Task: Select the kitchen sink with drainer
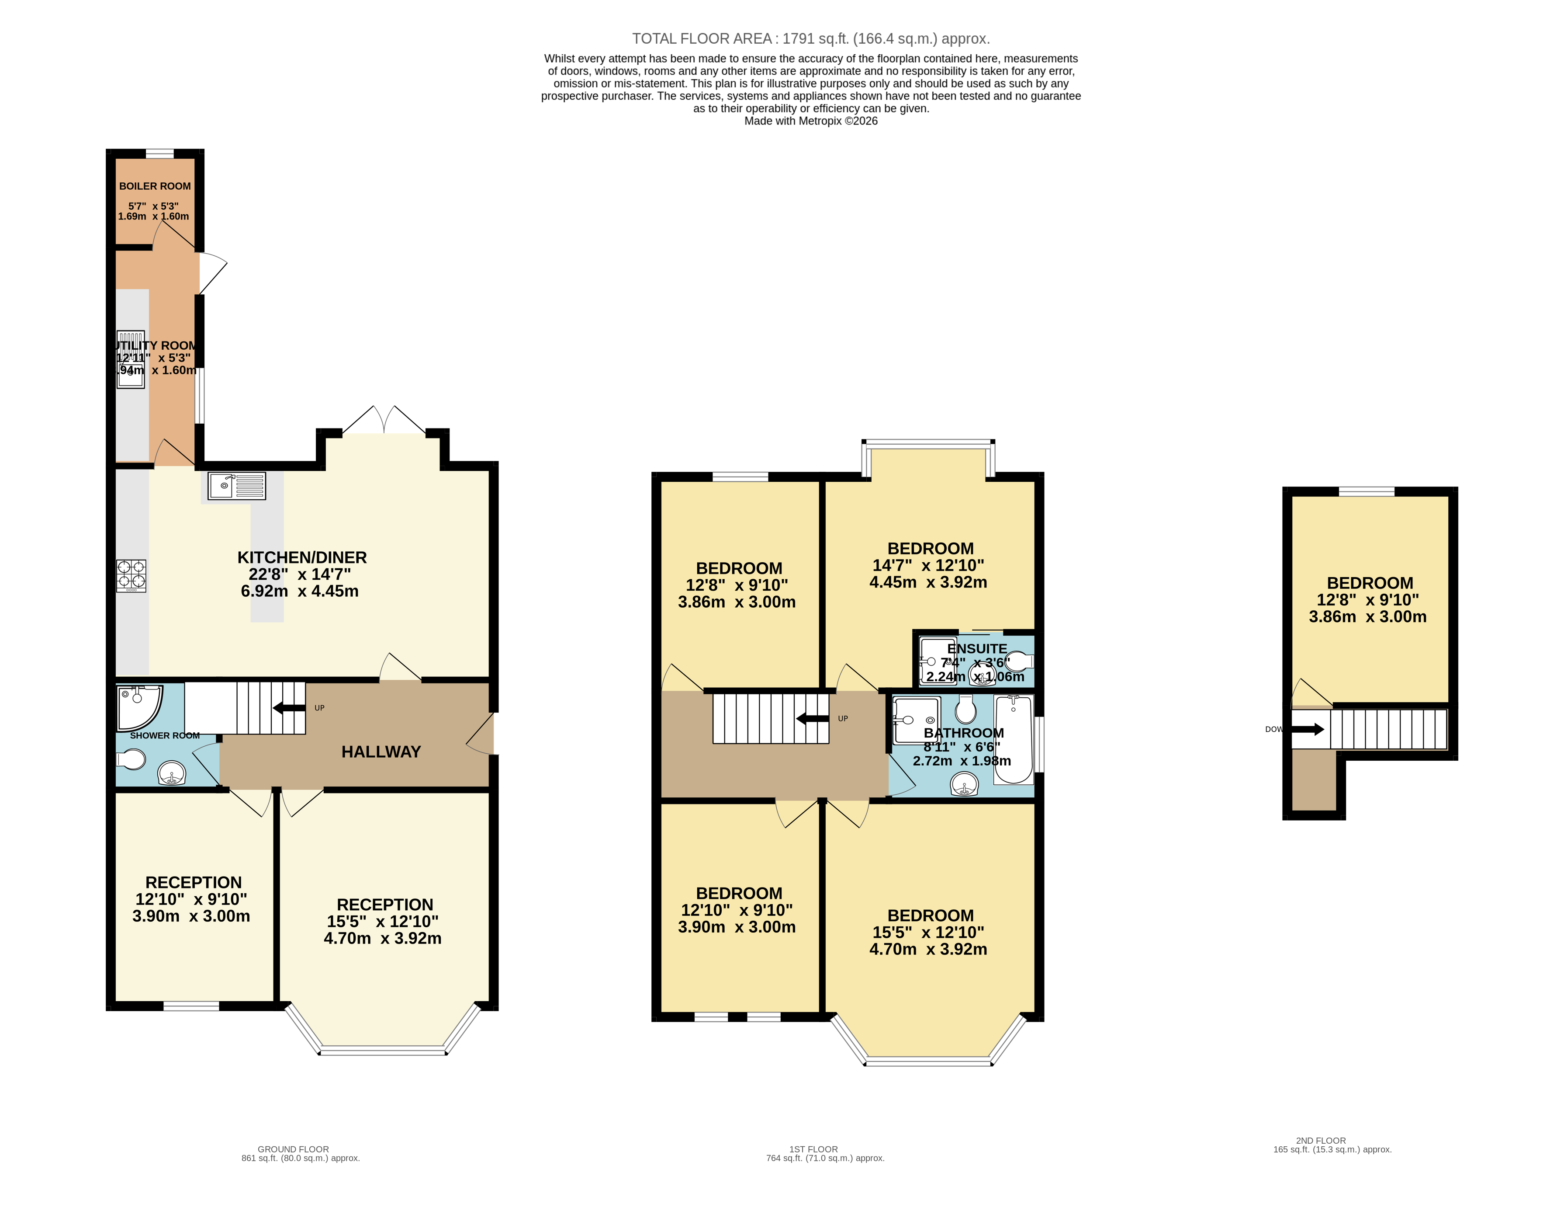click(x=236, y=486)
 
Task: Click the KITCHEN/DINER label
click(x=302, y=557)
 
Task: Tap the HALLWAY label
click(x=381, y=752)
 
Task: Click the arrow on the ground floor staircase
click(x=289, y=708)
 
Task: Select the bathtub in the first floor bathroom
click(x=1013, y=739)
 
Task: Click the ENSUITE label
click(x=976, y=648)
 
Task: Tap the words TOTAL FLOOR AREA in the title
click(x=701, y=39)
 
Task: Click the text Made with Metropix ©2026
click(x=811, y=121)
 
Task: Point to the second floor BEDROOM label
click(x=1369, y=583)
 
